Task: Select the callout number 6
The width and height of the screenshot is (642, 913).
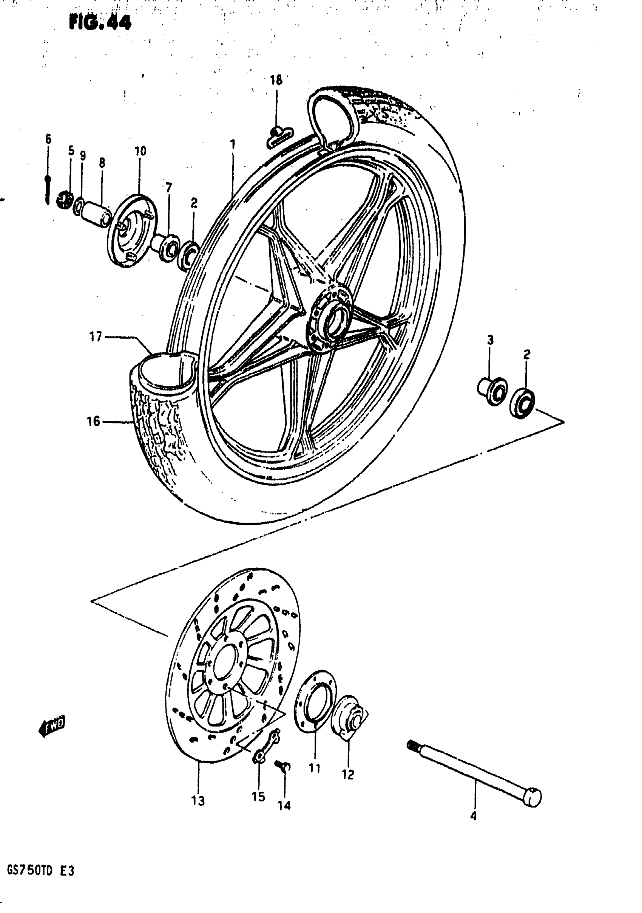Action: point(48,139)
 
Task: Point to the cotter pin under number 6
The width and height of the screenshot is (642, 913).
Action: point(48,190)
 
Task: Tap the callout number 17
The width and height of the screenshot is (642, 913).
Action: point(95,337)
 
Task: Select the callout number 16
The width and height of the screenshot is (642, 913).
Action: point(93,421)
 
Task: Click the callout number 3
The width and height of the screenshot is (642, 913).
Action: point(490,340)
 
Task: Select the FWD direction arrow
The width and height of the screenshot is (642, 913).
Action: point(52,726)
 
